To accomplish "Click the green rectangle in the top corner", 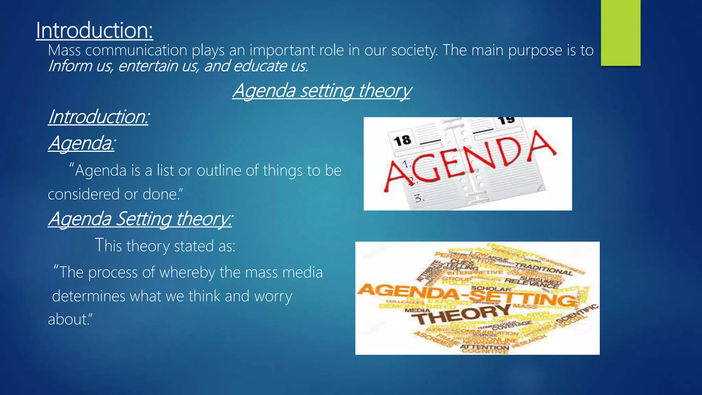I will [620, 33].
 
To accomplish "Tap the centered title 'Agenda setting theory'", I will [322, 91].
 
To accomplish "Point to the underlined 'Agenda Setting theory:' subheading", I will [140, 218].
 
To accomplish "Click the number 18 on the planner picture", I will [402, 140].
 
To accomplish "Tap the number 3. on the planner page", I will [419, 198].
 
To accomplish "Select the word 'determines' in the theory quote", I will [89, 296].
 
